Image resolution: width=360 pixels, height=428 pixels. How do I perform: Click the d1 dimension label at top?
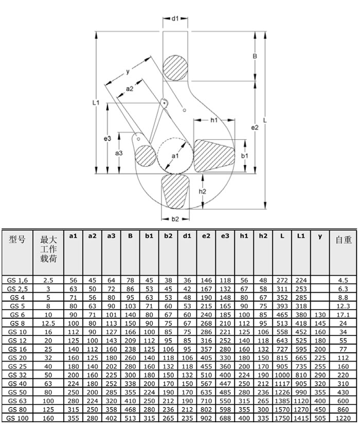point(175,19)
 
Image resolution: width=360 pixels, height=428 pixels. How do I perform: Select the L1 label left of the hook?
point(96,103)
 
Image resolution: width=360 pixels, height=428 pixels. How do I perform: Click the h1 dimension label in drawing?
point(214,120)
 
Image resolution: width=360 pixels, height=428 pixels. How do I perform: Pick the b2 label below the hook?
point(175,219)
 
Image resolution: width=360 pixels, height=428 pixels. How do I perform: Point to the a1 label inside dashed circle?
point(174,155)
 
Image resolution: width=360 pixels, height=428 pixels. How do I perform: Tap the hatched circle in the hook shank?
point(175,67)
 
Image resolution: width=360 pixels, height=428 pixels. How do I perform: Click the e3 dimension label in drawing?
point(107,138)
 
